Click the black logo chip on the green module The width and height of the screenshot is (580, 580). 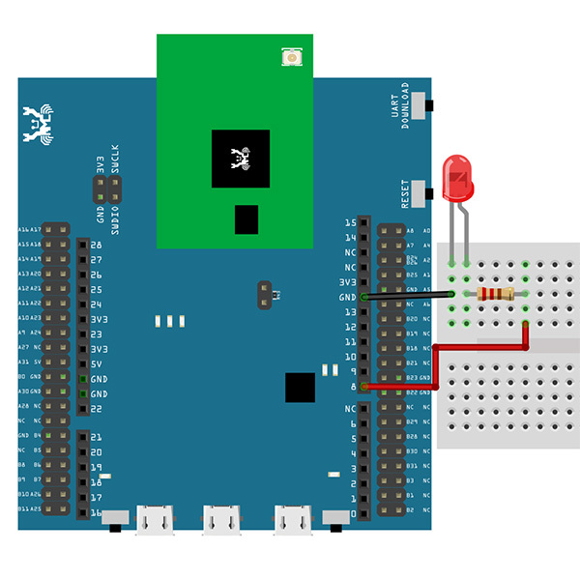[x=241, y=159]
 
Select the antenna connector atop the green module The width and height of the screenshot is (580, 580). [x=291, y=58]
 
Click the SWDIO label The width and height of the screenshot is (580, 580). [x=115, y=219]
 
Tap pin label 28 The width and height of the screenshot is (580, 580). [x=97, y=246]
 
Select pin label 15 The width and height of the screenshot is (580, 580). [x=350, y=222]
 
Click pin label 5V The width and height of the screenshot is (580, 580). [x=97, y=363]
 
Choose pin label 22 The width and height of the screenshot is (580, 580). [x=97, y=409]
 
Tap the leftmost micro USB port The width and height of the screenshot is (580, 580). [x=153, y=520]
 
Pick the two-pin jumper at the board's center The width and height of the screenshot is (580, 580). [x=263, y=294]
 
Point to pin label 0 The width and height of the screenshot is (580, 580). [x=353, y=512]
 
